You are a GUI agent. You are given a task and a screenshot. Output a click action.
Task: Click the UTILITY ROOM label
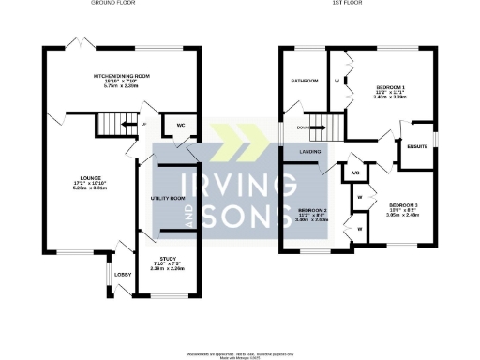168,199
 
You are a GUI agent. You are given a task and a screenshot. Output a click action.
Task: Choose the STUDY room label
168,259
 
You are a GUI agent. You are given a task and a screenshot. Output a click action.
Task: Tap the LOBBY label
121,274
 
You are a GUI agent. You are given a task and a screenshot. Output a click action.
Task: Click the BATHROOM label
305,81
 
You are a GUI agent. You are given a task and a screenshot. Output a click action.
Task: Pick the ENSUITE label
417,145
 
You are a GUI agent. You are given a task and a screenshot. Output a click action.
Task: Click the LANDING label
311,152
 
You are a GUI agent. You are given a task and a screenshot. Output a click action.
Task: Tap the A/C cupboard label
355,172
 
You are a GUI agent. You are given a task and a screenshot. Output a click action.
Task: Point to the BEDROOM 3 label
404,204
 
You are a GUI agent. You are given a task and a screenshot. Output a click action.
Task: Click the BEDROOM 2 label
312,210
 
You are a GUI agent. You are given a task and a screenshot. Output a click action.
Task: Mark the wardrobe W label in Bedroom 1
336,81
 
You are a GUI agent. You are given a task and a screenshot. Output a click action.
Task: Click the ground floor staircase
115,124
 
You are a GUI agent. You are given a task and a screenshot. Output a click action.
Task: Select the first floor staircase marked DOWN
322,125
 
